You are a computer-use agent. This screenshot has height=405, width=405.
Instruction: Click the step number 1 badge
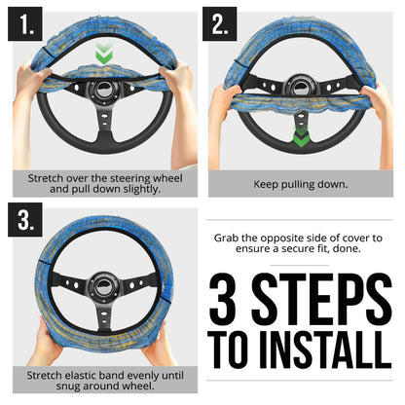pos(23,23)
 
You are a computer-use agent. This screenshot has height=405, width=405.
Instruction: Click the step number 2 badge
pos(220,23)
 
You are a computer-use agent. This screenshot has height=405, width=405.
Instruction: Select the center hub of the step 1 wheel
pos(101,97)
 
